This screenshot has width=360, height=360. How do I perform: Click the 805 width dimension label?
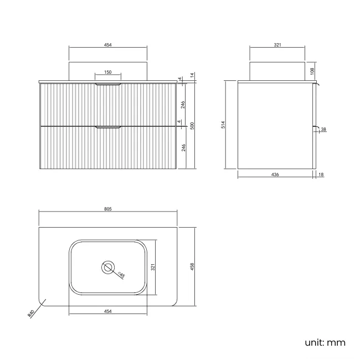[107, 209]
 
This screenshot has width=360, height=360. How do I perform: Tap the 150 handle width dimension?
[107, 72]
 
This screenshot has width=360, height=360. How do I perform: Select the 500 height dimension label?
[192, 126]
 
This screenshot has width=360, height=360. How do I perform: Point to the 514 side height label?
[223, 125]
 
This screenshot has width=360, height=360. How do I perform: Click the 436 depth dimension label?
[275, 174]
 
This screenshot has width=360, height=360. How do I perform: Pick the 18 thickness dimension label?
[321, 174]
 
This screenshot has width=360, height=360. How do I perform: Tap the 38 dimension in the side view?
[323, 129]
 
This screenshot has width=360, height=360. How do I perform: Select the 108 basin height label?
[312, 71]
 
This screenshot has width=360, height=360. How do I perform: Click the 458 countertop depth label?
[192, 266]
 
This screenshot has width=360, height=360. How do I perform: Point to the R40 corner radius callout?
[31, 313]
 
